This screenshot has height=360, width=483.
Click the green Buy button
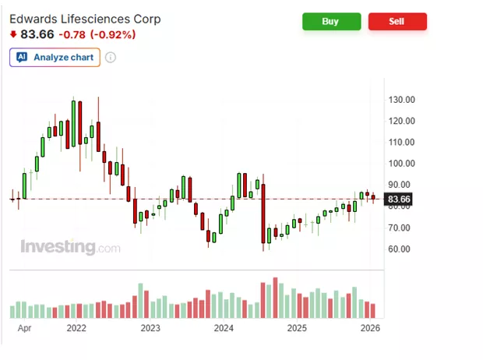pos(331,21)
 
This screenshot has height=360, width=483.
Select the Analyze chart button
pos(55,58)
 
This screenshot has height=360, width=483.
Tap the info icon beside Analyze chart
pos(111,58)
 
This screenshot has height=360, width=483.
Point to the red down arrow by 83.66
pos(13,34)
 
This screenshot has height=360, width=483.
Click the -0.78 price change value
pos(72,34)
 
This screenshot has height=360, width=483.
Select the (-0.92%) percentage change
pos(112,34)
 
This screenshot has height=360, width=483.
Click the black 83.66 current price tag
pos(399,199)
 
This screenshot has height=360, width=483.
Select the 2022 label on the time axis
pos(76,329)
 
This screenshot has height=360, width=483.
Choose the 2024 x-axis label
pos(224,329)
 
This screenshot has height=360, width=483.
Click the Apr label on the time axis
pos(25,329)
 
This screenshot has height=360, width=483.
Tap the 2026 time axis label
pos(370,329)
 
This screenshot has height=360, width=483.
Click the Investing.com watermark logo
pos(70,247)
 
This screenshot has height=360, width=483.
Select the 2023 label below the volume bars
pos(150,329)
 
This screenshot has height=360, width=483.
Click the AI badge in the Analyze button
pos(22,58)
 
